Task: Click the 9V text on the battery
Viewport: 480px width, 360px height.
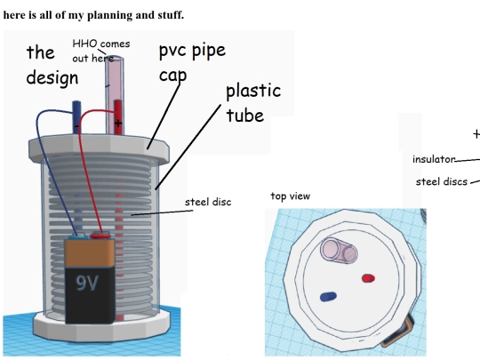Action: coord(87,283)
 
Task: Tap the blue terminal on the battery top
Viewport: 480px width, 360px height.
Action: coord(77,236)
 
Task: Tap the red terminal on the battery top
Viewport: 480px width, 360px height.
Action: coord(100,236)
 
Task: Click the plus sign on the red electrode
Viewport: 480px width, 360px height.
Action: coord(118,123)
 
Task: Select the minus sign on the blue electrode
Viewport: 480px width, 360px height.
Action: coord(76,126)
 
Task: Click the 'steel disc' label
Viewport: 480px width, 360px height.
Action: coord(208,202)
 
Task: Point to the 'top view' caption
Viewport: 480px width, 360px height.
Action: coord(291,196)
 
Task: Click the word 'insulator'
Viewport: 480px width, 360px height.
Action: coord(434,159)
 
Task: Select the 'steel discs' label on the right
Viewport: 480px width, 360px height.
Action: coord(442,181)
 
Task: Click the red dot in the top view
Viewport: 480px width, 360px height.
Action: coord(368,278)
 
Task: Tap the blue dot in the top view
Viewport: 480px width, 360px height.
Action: coord(329,297)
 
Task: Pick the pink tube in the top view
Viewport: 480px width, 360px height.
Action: coord(339,251)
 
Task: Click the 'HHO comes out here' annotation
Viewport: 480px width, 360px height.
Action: coord(101,51)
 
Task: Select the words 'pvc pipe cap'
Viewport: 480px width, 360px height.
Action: coord(192,63)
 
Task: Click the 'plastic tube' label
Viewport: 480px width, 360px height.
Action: coord(253,103)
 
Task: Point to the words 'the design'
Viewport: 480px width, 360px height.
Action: coord(52,65)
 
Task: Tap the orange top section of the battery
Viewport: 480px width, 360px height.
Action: coord(90,253)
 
